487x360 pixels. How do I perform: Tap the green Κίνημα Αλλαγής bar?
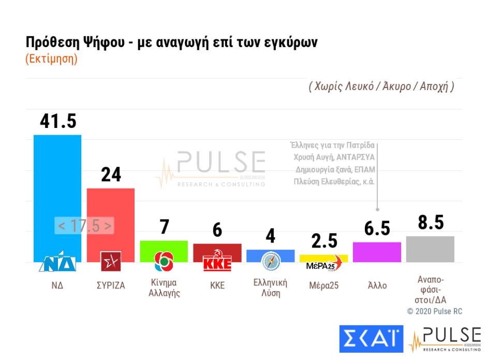[164, 246]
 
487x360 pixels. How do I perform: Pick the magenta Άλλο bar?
[377, 252]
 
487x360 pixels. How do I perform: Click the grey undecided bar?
[430, 249]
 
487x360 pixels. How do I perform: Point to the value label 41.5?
[58, 121]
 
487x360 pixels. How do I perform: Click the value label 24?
[111, 175]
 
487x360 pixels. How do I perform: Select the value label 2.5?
[324, 241]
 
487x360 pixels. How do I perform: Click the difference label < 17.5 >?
[84, 226]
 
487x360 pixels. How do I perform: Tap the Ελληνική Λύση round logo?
[270, 262]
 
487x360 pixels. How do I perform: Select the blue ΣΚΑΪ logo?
[371, 338]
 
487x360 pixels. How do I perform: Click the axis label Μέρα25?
[323, 285]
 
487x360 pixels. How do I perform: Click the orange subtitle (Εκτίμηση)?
[51, 59]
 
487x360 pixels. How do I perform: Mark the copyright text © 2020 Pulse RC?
[434, 311]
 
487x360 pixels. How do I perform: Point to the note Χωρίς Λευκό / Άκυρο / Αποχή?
[381, 87]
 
